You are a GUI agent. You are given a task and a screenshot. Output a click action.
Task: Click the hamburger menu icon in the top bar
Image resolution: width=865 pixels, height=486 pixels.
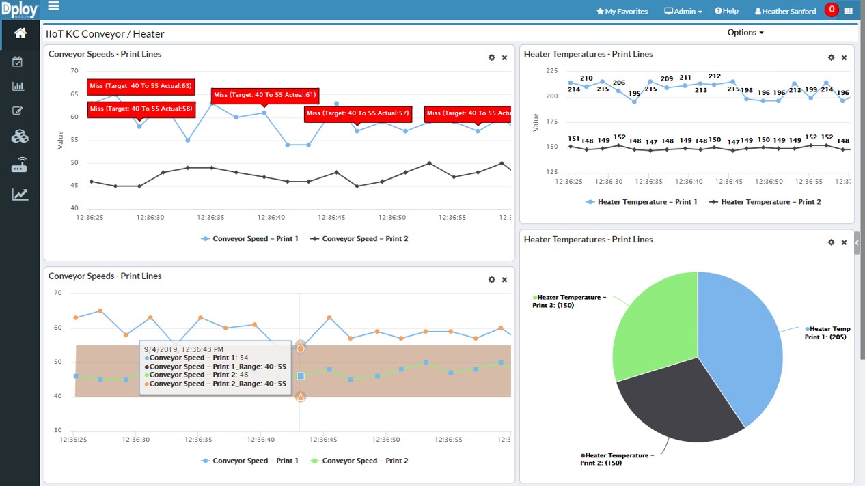(x=53, y=6)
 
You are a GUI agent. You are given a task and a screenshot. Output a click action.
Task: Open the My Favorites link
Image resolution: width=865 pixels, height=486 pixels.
(x=622, y=11)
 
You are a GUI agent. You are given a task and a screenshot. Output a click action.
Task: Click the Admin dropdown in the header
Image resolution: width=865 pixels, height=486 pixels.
(x=683, y=11)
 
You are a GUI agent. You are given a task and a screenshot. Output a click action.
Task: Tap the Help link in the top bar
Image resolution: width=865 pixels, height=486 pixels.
(x=726, y=11)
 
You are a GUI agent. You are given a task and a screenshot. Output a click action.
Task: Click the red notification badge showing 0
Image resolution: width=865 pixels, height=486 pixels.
(x=831, y=10)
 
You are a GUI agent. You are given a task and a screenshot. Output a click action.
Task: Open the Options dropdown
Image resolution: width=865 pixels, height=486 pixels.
(x=745, y=33)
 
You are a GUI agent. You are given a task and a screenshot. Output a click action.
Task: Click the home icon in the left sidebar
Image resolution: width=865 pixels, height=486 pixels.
(x=20, y=33)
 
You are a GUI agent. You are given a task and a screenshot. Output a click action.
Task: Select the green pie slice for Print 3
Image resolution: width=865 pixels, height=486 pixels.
(x=656, y=321)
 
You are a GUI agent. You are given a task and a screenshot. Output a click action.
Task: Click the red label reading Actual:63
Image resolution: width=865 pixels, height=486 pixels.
(x=141, y=87)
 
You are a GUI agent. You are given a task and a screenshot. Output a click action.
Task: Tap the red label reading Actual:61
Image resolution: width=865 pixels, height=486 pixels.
(x=264, y=95)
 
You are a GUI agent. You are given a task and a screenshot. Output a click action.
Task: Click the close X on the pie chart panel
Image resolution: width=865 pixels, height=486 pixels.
(x=844, y=242)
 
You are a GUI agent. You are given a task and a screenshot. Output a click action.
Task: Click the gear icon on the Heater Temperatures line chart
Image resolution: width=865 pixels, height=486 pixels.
(x=831, y=58)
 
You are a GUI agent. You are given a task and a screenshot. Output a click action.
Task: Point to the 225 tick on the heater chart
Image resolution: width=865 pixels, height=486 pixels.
(x=551, y=70)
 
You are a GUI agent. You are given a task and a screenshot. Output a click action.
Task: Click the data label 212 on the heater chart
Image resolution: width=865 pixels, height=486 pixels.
(x=715, y=76)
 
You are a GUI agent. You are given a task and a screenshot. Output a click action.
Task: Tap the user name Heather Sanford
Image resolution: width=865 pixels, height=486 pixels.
(x=785, y=11)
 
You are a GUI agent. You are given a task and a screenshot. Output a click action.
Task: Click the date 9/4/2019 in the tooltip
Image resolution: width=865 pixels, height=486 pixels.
(x=161, y=349)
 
